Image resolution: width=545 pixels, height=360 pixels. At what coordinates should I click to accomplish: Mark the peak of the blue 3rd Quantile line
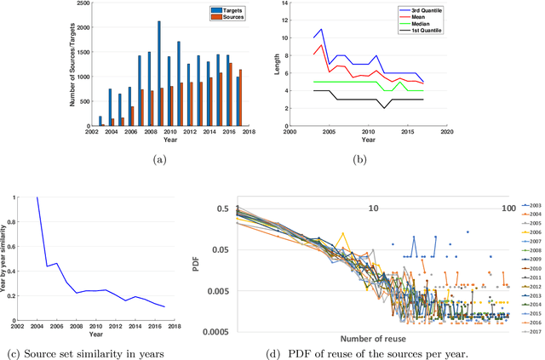pos(321,30)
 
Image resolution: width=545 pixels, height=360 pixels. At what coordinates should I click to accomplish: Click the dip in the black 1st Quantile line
pos(385,108)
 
